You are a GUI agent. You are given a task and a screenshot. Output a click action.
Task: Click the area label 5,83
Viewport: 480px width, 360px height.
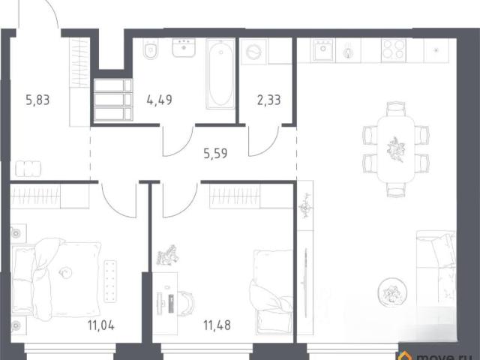pyautogui.click(x=37, y=100)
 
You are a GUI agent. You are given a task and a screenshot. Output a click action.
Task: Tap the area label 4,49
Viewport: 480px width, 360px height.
pyautogui.click(x=159, y=100)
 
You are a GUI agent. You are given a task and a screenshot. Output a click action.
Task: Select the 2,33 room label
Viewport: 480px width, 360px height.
pyautogui.click(x=268, y=100)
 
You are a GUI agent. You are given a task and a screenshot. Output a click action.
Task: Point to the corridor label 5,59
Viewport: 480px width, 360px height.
pyautogui.click(x=215, y=153)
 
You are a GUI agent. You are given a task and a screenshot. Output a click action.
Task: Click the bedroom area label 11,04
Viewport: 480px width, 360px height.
pyautogui.click(x=101, y=325)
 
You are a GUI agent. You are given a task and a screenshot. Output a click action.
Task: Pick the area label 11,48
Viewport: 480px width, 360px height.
pyautogui.click(x=217, y=325)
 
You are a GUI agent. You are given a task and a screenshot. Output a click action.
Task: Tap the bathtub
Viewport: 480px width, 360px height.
pyautogui.click(x=220, y=73)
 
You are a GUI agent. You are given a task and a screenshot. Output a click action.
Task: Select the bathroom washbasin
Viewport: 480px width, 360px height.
pyautogui.click(x=184, y=48)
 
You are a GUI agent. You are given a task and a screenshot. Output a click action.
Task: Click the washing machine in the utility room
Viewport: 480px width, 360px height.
pyautogui.click(x=253, y=52)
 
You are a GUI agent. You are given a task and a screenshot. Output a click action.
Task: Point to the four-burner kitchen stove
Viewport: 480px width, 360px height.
pyautogui.click(x=393, y=49)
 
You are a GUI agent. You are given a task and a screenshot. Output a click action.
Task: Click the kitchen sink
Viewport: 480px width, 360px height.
pyautogui.click(x=323, y=50)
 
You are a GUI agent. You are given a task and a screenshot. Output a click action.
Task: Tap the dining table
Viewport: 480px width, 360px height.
pyautogui.click(x=396, y=150)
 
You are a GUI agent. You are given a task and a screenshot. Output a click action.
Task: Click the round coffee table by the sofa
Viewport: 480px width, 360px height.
pyautogui.click(x=392, y=292)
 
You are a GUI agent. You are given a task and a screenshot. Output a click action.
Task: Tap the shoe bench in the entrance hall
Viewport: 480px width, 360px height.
pyautogui.click(x=28, y=169)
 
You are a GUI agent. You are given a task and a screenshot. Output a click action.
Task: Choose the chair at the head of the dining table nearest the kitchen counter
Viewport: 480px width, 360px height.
pyautogui.click(x=396, y=109)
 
